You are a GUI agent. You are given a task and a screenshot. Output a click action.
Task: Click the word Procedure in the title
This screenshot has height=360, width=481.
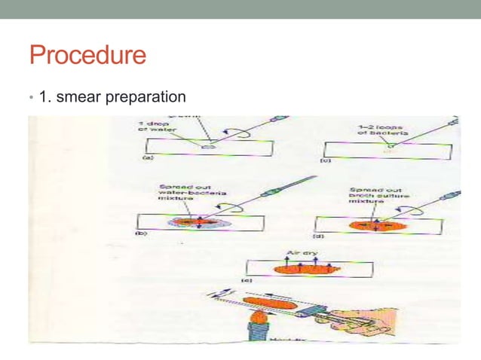(x=87, y=55)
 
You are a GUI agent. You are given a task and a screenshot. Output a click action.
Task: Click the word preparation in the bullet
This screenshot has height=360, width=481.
(x=154, y=97)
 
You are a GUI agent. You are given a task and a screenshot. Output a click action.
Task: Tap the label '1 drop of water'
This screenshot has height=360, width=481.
(x=155, y=130)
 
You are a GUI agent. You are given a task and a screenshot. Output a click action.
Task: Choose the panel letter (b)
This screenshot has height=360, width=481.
(x=141, y=234)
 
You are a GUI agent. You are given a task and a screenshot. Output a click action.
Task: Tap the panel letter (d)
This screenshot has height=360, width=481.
(x=329, y=234)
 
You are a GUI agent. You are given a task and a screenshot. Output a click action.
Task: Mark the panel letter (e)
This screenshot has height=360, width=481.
(x=246, y=280)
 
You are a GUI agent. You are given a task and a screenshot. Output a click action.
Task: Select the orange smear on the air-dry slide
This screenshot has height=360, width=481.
(x=304, y=267)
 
